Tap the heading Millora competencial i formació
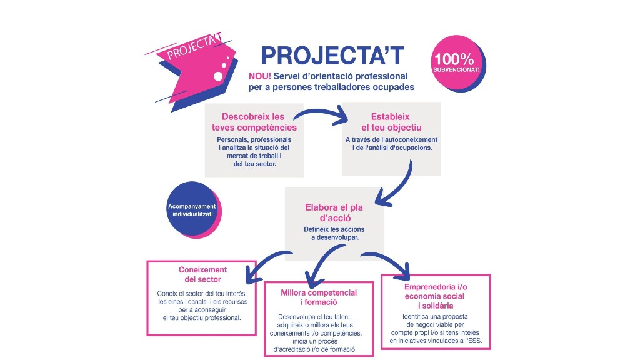(319, 297)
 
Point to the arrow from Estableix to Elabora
(400, 184)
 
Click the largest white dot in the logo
(218, 76)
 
